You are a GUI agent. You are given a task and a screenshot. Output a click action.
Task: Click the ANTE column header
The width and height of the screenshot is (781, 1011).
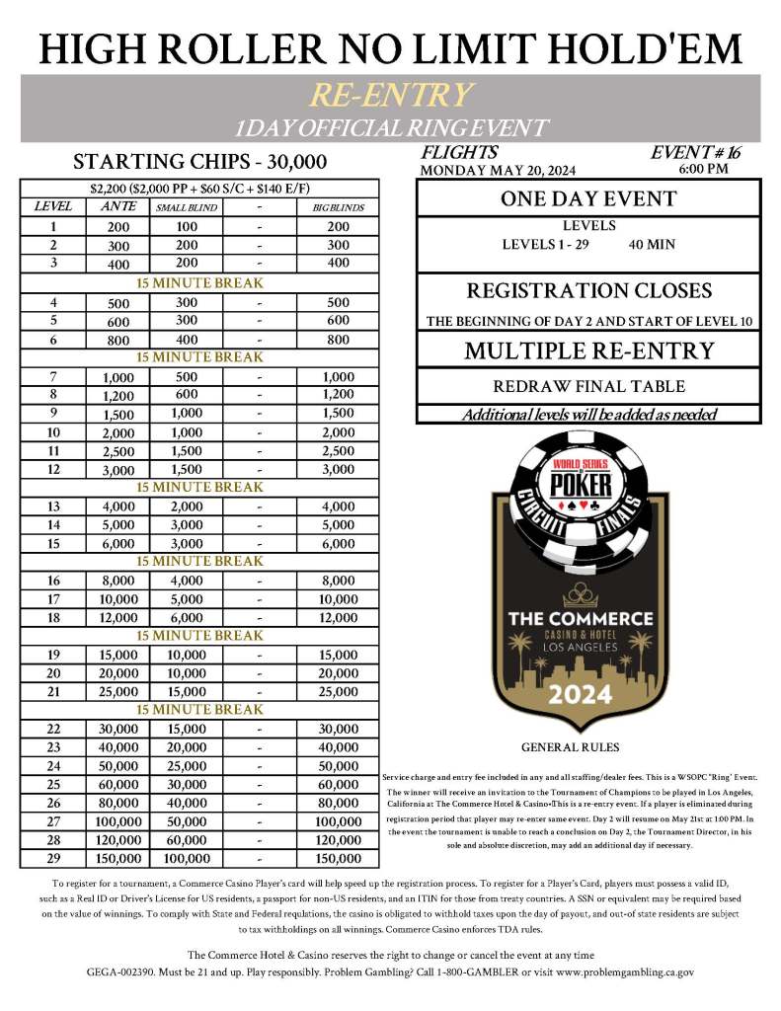[112, 207]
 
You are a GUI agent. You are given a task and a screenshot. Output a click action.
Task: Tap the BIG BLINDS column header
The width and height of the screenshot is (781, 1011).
[339, 208]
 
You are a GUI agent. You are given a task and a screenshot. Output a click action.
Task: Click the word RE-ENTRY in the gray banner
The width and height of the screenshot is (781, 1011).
[391, 95]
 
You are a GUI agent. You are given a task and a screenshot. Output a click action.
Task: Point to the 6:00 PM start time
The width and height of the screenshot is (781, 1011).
[704, 169]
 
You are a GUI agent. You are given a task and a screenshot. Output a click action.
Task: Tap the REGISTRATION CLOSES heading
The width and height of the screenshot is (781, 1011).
[588, 291]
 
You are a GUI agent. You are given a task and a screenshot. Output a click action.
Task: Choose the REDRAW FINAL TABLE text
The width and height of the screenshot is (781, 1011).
[588, 387]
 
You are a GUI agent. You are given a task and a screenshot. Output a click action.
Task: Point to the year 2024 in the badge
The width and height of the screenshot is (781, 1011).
[580, 693]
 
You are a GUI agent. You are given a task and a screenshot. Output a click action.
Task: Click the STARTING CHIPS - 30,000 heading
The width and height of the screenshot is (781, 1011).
[201, 161]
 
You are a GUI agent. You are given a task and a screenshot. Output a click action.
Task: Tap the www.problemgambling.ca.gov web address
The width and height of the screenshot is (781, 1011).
[612, 972]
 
